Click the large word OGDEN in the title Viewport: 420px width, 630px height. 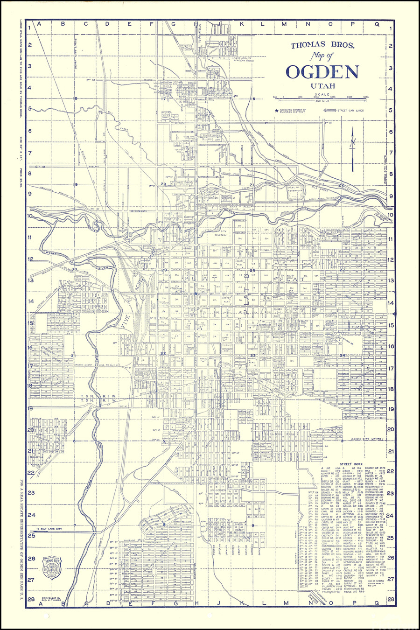[x=322, y=71]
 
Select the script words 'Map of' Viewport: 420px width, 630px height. [x=318, y=56]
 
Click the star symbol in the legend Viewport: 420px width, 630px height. [x=277, y=111]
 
